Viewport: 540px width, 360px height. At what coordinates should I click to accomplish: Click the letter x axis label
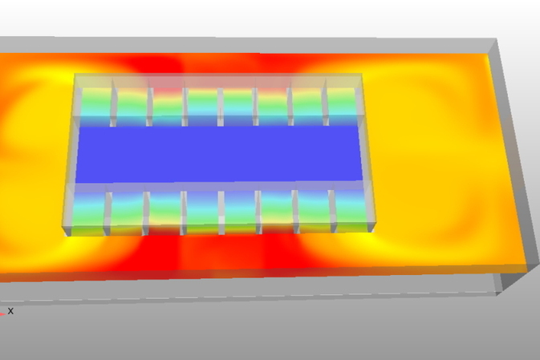coord(10,311)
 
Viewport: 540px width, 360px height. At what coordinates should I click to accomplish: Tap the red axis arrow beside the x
coord(2,313)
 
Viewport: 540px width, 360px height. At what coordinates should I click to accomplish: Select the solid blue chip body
coord(219,154)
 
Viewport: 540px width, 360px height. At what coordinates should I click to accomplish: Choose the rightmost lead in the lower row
coord(351,210)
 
